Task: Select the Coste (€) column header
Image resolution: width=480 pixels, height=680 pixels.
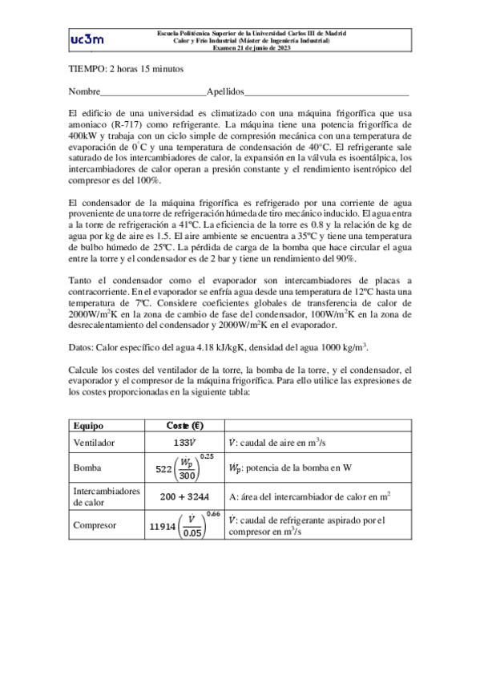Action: click(x=184, y=426)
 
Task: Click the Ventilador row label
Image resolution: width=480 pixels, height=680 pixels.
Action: click(x=94, y=442)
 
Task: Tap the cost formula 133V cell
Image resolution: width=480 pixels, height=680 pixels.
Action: click(x=184, y=442)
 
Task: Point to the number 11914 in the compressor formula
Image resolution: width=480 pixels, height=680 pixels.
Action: click(x=163, y=527)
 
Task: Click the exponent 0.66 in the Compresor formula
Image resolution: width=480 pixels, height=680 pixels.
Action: click(x=212, y=514)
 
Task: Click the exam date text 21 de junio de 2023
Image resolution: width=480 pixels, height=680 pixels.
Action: click(x=257, y=47)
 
